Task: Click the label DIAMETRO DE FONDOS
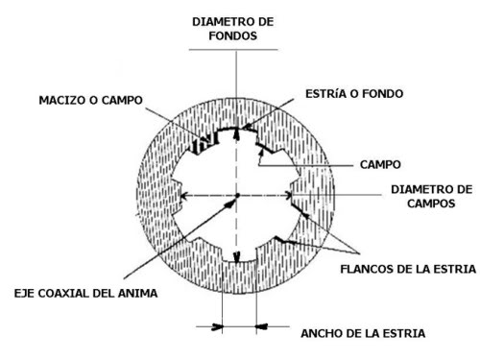pos(233,29)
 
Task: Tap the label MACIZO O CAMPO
pos(90,100)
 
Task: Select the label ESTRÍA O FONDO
pos(354,94)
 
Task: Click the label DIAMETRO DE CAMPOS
pos(431,196)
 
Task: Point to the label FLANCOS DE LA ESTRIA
pos(408,269)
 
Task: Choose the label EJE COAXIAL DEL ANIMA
pos(85,293)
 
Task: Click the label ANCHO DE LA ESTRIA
pos(363,333)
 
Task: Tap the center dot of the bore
pos(237,195)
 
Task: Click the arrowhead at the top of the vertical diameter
pos(236,133)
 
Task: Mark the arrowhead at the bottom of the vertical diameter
pos(236,257)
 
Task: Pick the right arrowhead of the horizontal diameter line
pos(288,195)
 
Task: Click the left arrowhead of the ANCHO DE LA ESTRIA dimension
pos(217,326)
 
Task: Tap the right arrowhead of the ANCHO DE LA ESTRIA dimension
pos(261,326)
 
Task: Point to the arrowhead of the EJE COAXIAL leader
pos(230,203)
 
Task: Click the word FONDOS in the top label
pos(233,36)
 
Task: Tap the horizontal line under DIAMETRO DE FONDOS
pos(233,50)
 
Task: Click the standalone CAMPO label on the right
pos(380,165)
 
